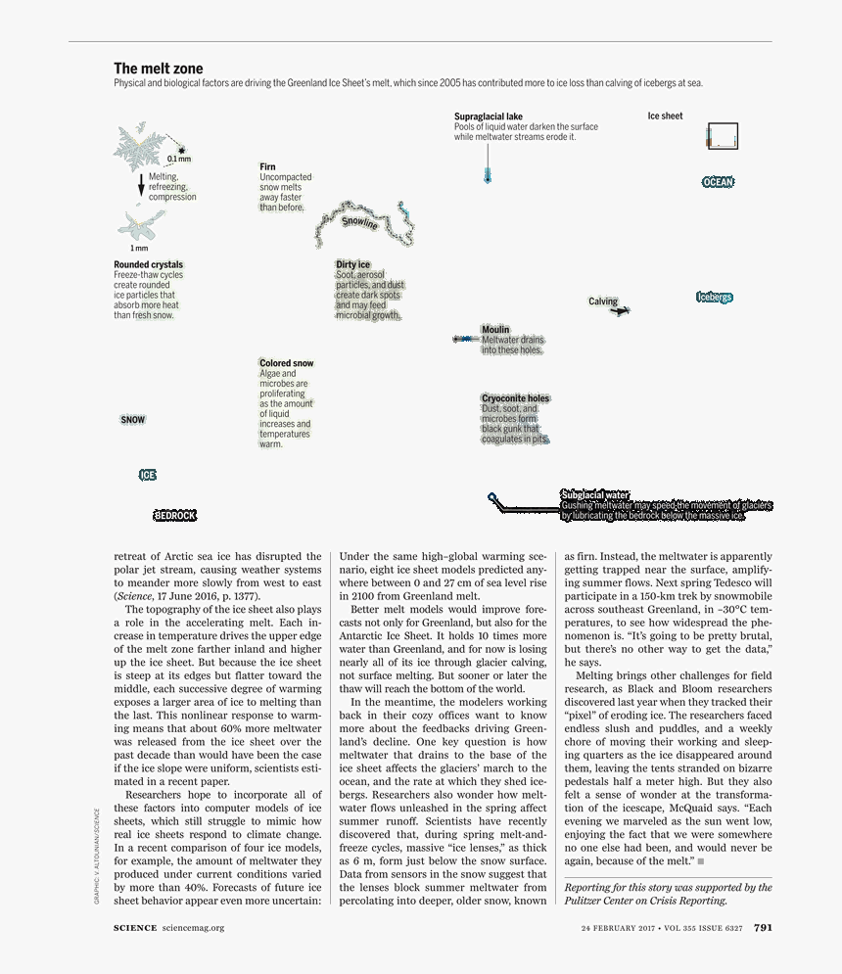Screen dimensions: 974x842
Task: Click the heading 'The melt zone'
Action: click(159, 69)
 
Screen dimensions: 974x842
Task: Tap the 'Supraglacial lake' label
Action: click(488, 116)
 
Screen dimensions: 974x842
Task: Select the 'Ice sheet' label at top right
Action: click(665, 116)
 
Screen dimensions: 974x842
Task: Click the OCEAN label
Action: click(718, 182)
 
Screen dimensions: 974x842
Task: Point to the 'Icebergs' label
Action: click(714, 297)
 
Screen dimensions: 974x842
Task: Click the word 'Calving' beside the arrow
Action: click(602, 301)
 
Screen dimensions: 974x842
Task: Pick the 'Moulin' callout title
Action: click(495, 330)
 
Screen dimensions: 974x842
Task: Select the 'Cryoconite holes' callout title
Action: click(515, 398)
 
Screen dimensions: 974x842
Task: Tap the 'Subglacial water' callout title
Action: click(594, 494)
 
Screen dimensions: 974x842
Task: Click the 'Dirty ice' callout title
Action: click(352, 264)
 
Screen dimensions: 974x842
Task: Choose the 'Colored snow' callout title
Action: click(286, 363)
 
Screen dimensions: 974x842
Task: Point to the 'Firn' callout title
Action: click(267, 167)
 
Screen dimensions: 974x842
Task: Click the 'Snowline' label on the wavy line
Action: click(359, 222)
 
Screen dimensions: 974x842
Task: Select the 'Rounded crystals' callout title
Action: click(148, 264)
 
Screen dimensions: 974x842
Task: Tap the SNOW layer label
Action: click(133, 420)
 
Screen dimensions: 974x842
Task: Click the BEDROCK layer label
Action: click(175, 515)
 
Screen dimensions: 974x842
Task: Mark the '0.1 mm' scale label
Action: click(178, 159)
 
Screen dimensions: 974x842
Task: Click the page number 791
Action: click(763, 928)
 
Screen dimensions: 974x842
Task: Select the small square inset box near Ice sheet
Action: click(722, 136)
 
